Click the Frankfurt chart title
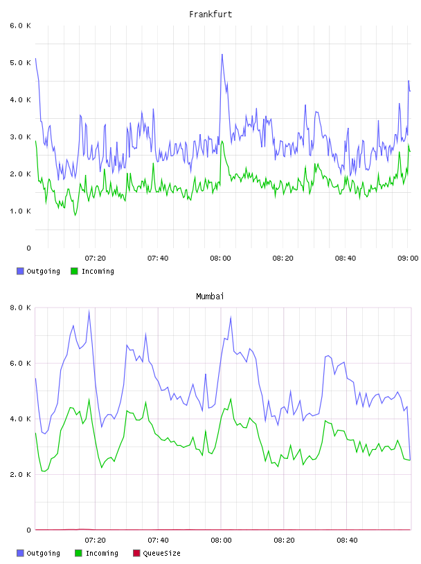tap(210, 15)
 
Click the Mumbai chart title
tap(210, 297)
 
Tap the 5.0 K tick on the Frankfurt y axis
tap(20, 63)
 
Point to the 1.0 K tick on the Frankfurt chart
tap(20, 211)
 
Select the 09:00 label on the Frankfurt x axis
tap(408, 258)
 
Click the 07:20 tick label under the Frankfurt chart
tap(95, 258)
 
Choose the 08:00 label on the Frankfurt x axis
tap(220, 258)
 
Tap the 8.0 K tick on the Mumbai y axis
tap(20, 308)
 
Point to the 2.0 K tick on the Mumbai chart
tap(20, 474)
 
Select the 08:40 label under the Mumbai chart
tap(347, 540)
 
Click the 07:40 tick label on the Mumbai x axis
tap(158, 540)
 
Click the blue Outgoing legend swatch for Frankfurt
tap(20, 271)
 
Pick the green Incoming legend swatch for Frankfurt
tap(74, 271)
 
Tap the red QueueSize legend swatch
tap(136, 553)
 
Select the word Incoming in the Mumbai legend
tap(102, 553)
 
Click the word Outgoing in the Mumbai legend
tap(43, 553)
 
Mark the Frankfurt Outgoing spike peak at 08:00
tap(222, 55)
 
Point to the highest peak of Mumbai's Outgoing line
tap(89, 311)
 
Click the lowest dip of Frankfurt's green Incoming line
tap(75, 215)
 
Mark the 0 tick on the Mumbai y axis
tap(28, 530)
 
